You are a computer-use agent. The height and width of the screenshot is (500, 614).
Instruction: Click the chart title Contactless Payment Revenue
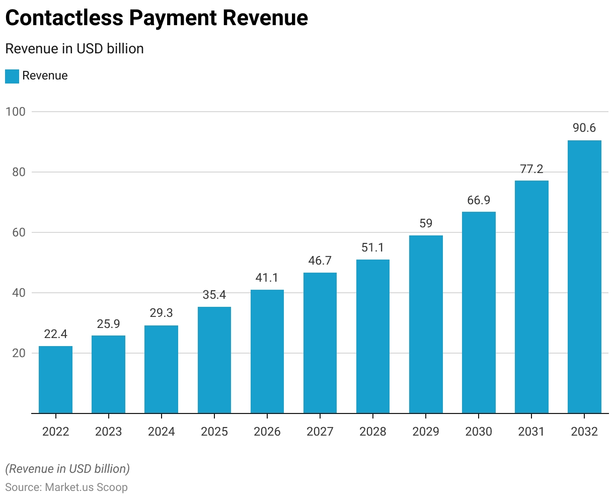point(157,18)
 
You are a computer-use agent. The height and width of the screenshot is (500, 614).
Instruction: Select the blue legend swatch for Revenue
point(12,76)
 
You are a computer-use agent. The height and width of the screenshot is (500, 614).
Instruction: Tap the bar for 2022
point(55,380)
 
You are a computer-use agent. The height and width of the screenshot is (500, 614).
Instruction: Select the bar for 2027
point(320,343)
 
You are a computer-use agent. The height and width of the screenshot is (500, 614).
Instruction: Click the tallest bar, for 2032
point(584,277)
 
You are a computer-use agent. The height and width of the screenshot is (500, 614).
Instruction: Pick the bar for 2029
point(426,324)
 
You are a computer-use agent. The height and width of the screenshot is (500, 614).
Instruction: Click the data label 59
point(426,223)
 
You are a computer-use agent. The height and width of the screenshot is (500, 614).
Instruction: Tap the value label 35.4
point(214,295)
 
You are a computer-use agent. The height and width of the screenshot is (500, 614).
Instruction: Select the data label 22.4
point(55,334)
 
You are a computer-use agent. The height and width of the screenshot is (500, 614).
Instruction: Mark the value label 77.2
point(531,169)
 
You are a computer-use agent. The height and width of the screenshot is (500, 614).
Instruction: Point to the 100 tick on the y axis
point(15,112)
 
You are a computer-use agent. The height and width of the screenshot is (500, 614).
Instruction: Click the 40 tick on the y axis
point(19,293)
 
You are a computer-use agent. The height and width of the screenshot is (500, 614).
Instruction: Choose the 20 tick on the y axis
point(19,353)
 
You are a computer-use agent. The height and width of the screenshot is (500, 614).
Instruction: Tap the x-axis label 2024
point(162,432)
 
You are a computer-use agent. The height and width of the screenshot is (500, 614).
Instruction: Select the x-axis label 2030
point(479,432)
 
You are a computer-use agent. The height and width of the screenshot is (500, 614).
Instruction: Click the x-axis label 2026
point(267,432)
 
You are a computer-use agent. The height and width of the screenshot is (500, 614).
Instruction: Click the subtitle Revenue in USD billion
point(74,49)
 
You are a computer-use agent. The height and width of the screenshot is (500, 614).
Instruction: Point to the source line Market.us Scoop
point(66,487)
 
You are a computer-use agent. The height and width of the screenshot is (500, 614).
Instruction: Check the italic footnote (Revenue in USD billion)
point(67,469)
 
